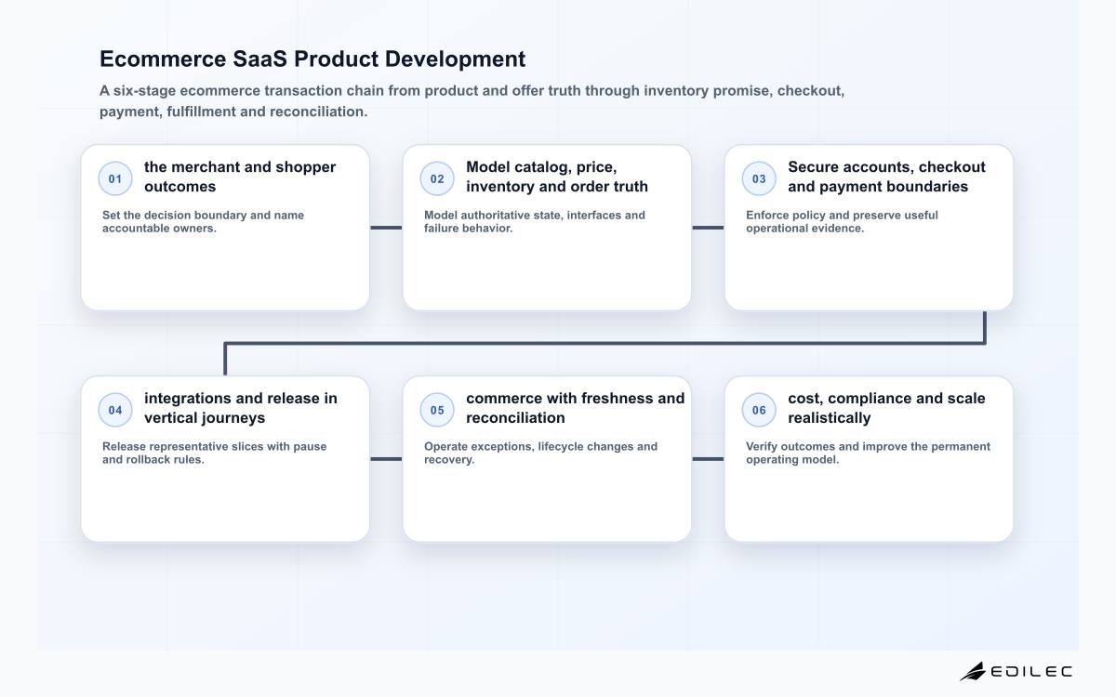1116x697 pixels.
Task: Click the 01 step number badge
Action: point(115,178)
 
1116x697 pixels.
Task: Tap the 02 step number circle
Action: point(437,178)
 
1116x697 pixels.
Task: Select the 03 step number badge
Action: point(759,178)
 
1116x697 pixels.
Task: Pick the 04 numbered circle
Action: point(115,410)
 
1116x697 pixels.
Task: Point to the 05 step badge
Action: point(437,410)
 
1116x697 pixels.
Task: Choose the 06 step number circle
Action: point(759,410)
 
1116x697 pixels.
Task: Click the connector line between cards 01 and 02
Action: point(386,228)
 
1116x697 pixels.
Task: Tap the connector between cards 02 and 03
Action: point(708,228)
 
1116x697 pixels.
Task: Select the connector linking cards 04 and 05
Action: point(386,459)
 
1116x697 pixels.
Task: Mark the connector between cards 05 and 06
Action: point(708,459)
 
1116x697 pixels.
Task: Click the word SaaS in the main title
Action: point(260,59)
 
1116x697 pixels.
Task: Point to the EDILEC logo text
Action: point(1031,672)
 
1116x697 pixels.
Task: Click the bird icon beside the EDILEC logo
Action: point(973,672)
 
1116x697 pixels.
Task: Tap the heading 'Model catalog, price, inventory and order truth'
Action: point(557,177)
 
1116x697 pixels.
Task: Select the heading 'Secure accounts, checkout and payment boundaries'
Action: point(887,177)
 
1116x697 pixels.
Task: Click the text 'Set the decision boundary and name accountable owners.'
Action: point(203,221)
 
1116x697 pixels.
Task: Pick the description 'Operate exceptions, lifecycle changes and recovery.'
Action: point(540,454)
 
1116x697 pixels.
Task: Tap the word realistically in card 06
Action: point(829,417)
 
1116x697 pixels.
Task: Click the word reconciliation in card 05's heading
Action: point(515,417)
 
